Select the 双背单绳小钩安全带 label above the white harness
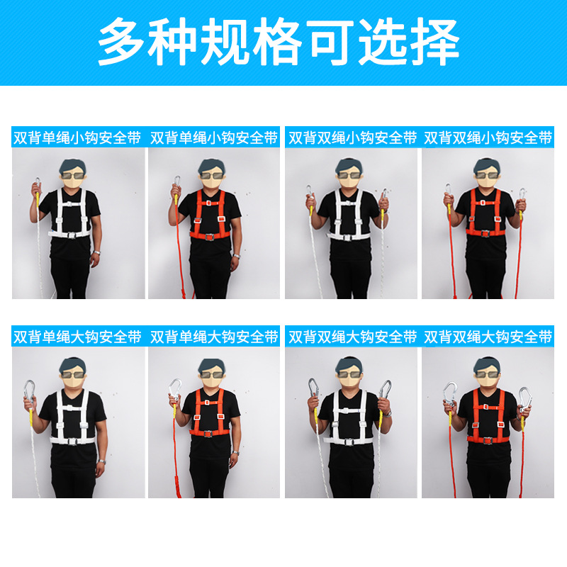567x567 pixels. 77,138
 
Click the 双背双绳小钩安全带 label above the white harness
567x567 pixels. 352,138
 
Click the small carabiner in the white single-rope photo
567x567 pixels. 36,185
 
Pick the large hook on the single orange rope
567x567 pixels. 173,390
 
